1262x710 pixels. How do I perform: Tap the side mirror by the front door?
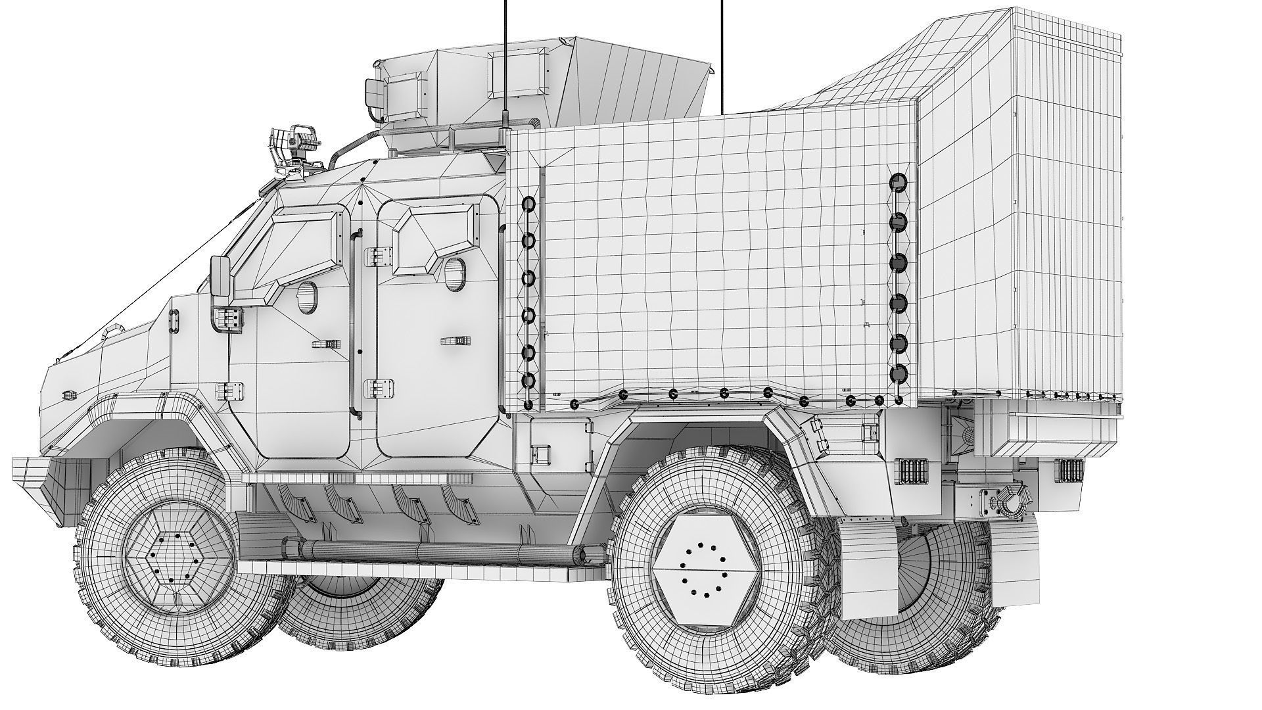220,279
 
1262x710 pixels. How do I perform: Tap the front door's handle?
325,344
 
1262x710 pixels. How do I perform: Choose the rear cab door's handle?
456,341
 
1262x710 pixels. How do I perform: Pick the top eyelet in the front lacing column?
528,204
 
